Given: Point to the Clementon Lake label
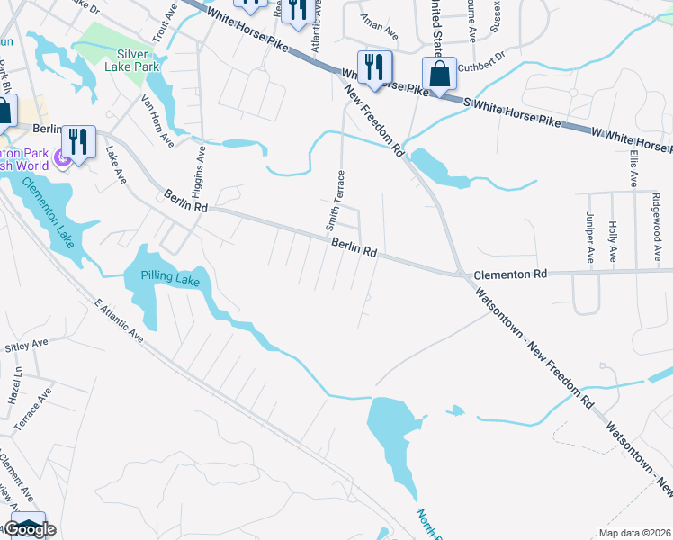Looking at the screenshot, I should click(44, 213).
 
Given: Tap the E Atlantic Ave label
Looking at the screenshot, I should click(118, 319).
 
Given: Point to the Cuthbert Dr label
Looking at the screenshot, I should click(481, 66).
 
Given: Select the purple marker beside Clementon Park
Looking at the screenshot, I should click(61, 159).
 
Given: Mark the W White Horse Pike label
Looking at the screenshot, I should click(629, 139).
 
